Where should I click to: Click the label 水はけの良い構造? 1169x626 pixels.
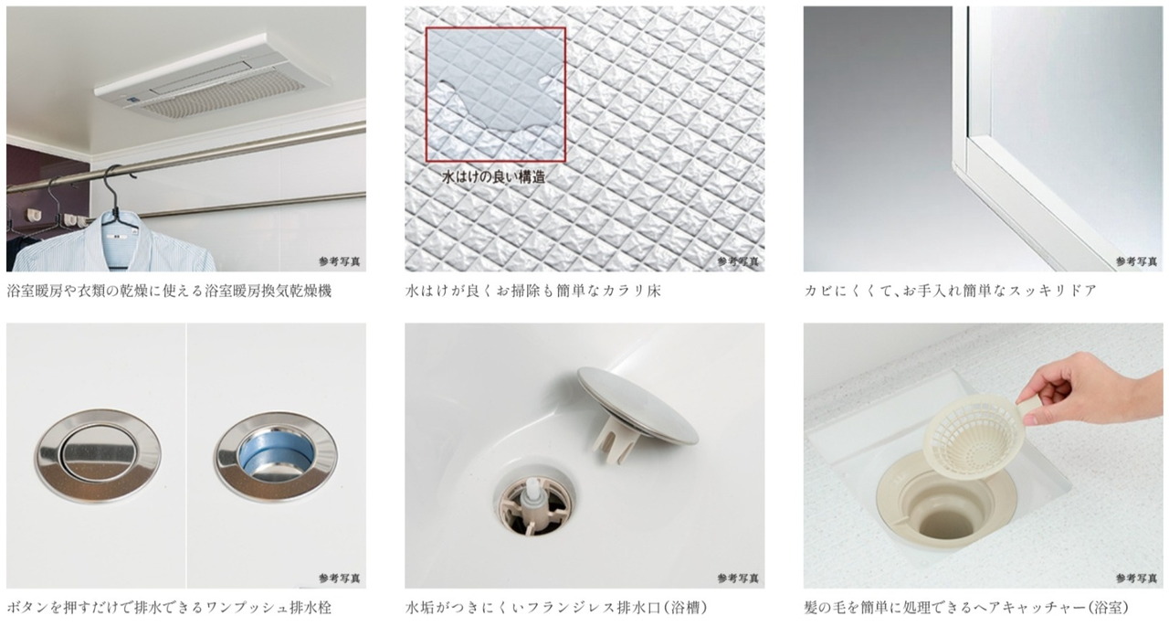click(494, 177)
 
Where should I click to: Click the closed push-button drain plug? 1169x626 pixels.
click(98, 457)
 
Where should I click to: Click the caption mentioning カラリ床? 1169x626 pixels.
click(532, 291)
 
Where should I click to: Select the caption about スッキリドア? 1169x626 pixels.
click(950, 291)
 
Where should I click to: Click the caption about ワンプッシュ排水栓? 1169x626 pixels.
click(169, 608)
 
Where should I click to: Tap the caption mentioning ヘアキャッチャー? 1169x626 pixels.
click(966, 608)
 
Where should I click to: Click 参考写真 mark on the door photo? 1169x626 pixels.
click(1137, 261)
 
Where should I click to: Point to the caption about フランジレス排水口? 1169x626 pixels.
click(556, 608)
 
